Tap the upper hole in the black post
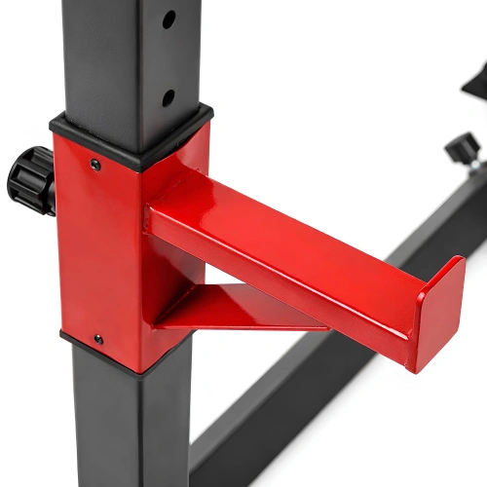pyautogui.click(x=169, y=19)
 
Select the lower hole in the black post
pyautogui.click(x=168, y=97)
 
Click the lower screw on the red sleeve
pyautogui.click(x=97, y=339)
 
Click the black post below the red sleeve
pyautogui.click(x=127, y=429)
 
